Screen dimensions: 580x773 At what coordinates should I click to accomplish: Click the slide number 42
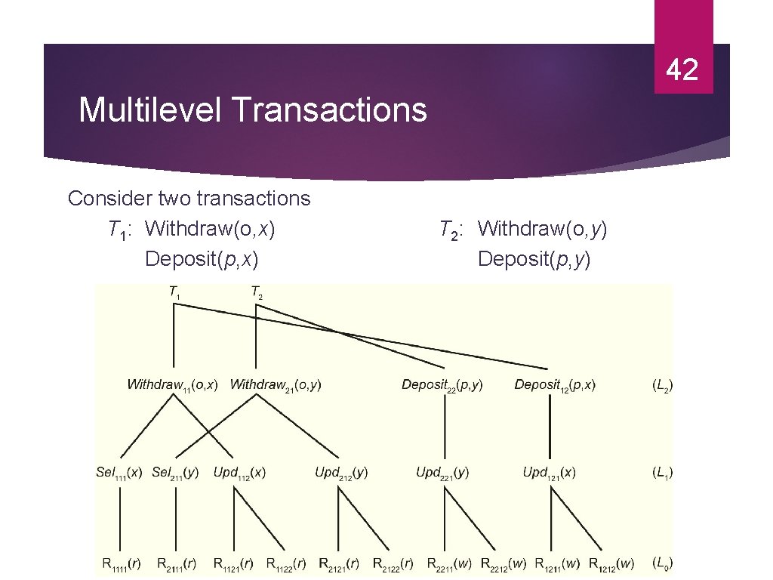click(x=682, y=70)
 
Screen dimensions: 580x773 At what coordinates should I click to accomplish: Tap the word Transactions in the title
click(x=329, y=110)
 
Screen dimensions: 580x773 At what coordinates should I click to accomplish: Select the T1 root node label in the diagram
click(x=174, y=292)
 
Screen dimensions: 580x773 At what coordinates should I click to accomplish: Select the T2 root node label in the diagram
click(x=257, y=292)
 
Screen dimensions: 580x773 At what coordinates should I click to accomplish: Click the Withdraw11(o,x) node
click(x=173, y=385)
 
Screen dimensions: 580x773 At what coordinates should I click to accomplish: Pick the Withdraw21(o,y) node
click(x=276, y=385)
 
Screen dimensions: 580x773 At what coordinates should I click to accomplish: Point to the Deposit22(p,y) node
click(x=442, y=385)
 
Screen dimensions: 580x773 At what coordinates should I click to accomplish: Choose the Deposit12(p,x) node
click(x=555, y=385)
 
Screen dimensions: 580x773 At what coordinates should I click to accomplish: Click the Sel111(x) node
click(x=119, y=473)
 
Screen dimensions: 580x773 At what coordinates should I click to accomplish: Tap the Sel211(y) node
click(x=175, y=473)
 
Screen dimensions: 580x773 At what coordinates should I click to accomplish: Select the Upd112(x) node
click(x=239, y=473)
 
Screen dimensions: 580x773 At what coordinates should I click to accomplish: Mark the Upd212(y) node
click(x=341, y=473)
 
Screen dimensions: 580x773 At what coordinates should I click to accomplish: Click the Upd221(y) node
click(x=442, y=473)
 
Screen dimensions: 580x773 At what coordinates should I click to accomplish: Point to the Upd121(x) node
click(x=549, y=473)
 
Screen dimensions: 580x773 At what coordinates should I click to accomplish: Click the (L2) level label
click(x=662, y=385)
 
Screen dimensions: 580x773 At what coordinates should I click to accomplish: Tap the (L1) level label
click(x=662, y=473)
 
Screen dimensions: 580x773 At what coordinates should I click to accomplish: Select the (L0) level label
click(x=662, y=563)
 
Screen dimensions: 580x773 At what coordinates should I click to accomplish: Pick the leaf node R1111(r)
click(x=122, y=563)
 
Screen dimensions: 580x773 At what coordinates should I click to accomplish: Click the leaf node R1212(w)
click(x=611, y=563)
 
